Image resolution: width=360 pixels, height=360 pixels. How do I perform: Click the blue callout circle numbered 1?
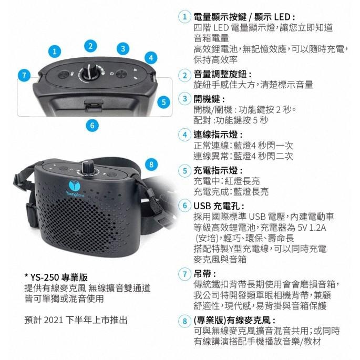pos(55,51)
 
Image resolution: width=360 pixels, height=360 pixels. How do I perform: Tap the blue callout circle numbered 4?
pos(151,58)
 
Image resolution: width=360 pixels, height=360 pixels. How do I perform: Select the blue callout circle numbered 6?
pos(92,126)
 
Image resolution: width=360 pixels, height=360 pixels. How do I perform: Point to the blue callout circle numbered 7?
pos(24,75)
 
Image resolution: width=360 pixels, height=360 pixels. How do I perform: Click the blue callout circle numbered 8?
pos(151,164)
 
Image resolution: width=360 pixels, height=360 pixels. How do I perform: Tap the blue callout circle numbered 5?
pos(163,102)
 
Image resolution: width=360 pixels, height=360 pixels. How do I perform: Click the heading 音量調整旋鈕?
pos(220,75)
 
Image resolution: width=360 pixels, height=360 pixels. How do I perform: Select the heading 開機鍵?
pos(207,99)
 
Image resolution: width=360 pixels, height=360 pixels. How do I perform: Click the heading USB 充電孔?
pos(216,206)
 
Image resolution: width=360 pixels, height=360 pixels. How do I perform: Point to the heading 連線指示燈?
pos(215,135)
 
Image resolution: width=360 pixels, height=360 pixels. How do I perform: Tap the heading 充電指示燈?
pos(215,171)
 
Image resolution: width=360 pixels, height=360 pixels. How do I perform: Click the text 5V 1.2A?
pos(312,228)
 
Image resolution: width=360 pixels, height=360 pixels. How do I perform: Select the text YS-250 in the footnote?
pos(45,277)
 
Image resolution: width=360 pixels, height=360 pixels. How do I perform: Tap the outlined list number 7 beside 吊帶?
pos(184,274)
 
